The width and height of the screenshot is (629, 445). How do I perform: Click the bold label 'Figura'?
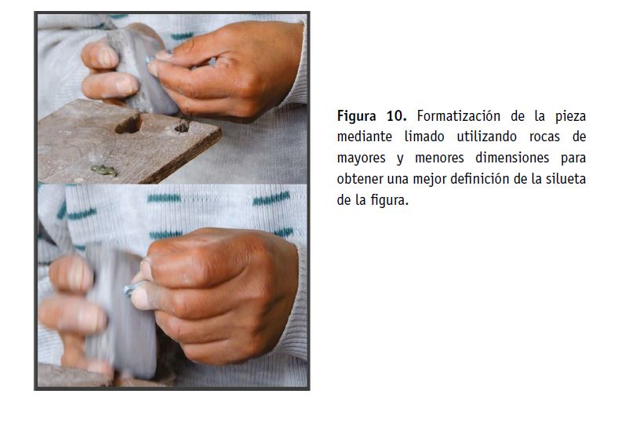[356, 116]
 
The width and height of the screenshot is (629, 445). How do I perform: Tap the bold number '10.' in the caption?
[396, 116]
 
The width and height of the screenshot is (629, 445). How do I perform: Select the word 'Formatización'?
[459, 116]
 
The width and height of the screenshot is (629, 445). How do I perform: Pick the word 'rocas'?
[544, 137]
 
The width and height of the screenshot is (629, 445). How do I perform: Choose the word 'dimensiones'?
[512, 158]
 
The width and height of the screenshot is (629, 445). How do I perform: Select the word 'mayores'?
[361, 159]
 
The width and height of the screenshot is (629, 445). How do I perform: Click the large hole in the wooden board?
[129, 124]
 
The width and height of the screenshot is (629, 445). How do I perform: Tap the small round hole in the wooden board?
[182, 127]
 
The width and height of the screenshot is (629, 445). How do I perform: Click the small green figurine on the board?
[104, 170]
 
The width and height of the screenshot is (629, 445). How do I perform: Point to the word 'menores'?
[439, 158]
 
